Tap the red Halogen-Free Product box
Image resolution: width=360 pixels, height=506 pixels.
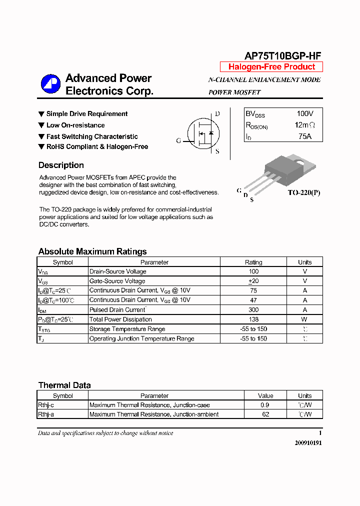coord(271,67)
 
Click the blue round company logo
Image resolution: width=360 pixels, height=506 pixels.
coord(50,84)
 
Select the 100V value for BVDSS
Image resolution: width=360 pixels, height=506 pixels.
coord(305,114)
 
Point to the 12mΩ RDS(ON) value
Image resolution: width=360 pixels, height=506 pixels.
coord(305,125)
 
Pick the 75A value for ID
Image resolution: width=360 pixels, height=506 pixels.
coord(305,136)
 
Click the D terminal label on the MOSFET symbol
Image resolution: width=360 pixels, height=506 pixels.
coord(217,114)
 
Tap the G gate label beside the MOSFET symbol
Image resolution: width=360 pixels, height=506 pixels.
coord(178,140)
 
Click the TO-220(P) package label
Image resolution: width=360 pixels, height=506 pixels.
coord(303,192)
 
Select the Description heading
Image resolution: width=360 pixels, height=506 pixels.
coord(61,165)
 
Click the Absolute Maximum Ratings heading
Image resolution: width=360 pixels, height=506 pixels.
coord(92,251)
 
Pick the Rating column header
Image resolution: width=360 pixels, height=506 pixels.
coord(253,262)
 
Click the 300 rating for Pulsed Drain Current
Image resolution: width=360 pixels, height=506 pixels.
coord(253,310)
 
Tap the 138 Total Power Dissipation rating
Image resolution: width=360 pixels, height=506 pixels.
coord(253,319)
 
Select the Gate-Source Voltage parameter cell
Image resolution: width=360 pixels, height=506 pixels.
coord(117,281)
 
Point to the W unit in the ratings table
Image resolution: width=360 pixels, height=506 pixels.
coord(304,319)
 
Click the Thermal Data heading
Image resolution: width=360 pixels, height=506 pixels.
coord(64,385)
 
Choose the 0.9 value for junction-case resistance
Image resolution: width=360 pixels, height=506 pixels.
coord(265,405)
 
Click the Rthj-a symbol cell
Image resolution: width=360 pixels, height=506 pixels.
coord(46,414)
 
